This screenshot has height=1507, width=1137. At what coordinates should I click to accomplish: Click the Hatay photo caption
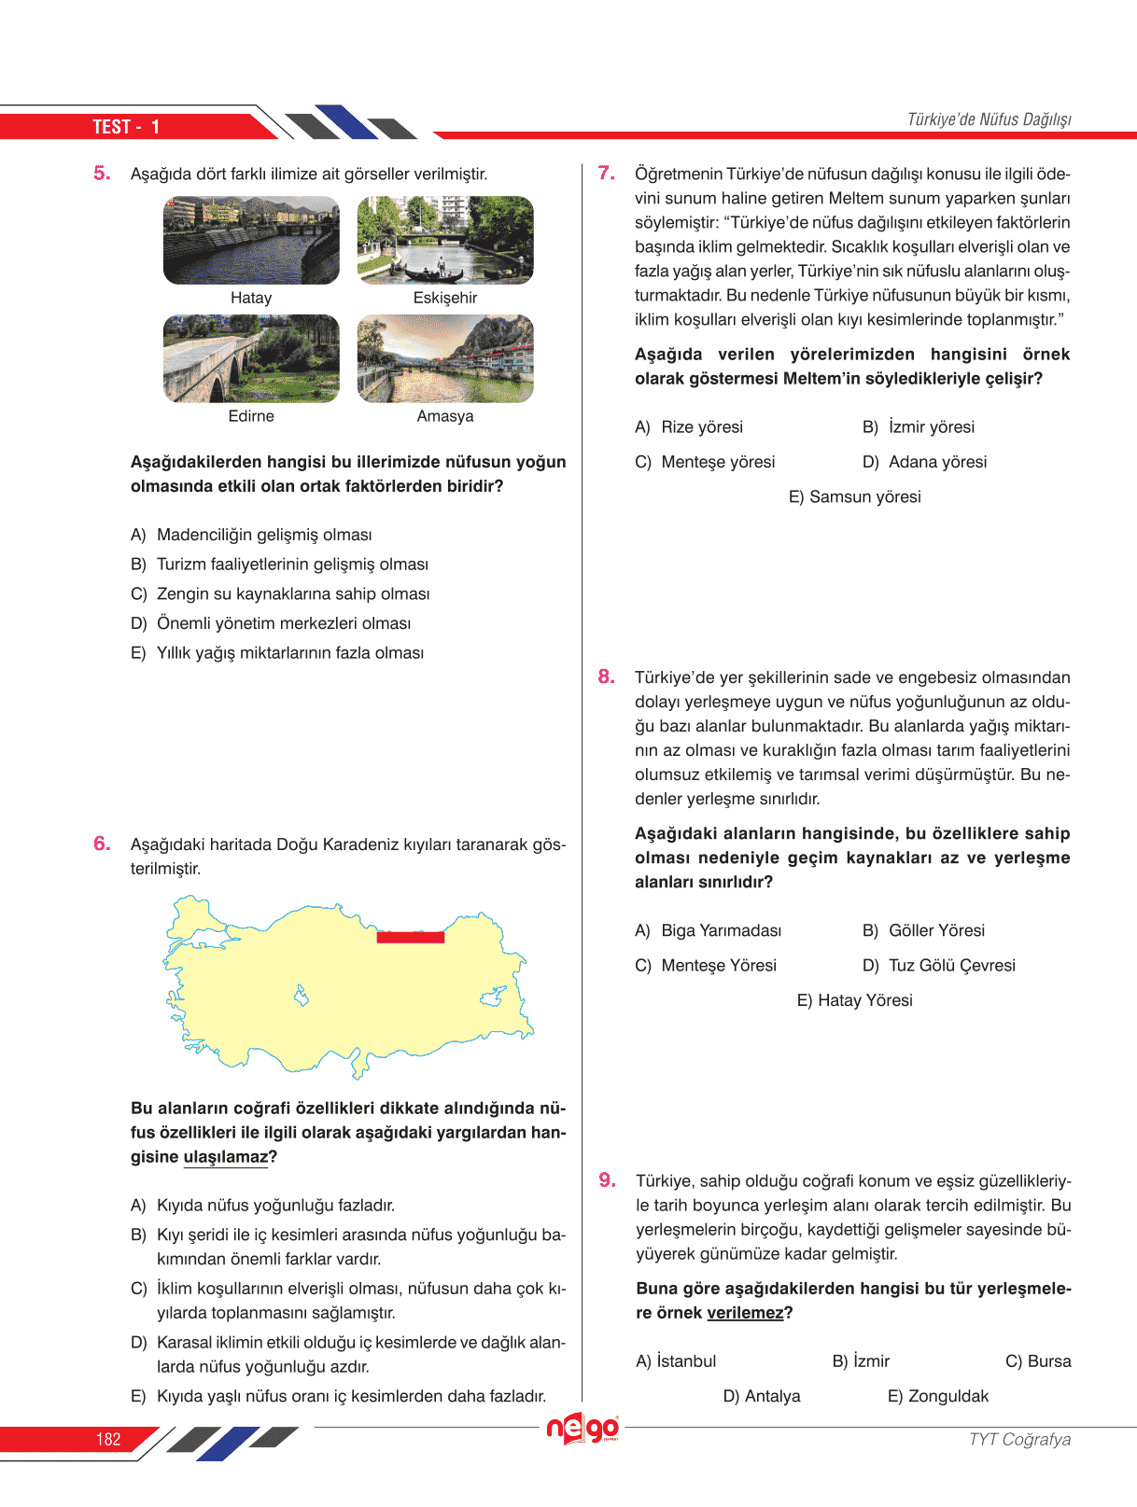tap(251, 298)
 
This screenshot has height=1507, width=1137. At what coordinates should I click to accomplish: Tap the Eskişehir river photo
tap(445, 240)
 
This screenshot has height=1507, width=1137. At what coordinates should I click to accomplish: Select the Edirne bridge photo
tap(251, 358)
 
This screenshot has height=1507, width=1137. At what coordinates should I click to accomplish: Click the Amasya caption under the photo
tap(445, 416)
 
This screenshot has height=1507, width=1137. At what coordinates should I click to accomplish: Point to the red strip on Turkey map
tap(410, 937)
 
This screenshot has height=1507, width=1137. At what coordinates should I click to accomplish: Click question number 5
tap(102, 174)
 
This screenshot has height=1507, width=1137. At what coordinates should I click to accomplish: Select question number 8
tap(607, 677)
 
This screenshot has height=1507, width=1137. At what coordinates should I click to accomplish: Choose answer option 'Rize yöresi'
tap(701, 427)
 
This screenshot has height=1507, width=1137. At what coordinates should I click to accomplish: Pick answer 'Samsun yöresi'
tap(863, 497)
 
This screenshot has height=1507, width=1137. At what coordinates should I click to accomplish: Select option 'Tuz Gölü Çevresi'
tap(951, 966)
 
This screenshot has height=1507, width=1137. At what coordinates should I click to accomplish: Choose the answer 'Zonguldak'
tap(947, 1396)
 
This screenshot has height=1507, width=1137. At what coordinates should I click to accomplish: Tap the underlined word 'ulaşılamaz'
tap(226, 1157)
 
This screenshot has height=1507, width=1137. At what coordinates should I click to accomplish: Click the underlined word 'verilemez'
tap(745, 1313)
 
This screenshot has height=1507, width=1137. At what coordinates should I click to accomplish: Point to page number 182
tap(108, 1439)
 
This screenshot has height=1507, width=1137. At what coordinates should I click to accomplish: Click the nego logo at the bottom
tap(583, 1429)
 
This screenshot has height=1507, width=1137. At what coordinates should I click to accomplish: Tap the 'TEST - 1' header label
tap(126, 127)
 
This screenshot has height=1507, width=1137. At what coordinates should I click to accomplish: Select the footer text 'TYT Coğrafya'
tap(1019, 1439)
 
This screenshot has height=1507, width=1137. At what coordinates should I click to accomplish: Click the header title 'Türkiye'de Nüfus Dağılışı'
tap(989, 119)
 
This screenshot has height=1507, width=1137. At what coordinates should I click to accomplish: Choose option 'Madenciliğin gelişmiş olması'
tap(264, 535)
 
